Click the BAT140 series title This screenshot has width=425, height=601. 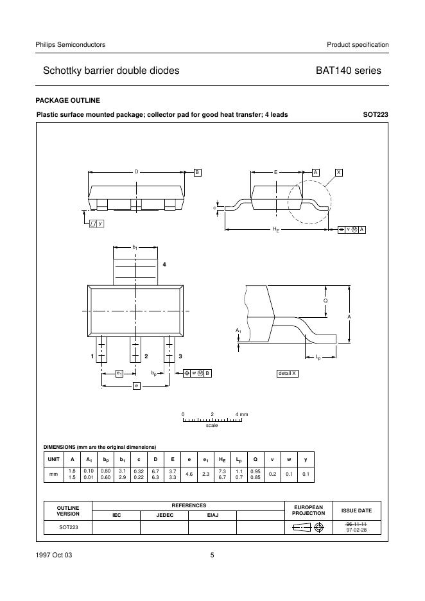[348, 71]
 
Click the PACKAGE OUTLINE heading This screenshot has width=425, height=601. [67, 100]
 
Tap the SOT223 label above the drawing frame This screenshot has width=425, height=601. [376, 115]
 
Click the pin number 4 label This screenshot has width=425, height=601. [164, 265]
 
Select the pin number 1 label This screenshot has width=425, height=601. [92, 356]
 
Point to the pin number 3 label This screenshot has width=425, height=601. [180, 356]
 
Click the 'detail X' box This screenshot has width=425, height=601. [287, 373]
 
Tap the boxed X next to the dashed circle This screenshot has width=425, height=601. [339, 172]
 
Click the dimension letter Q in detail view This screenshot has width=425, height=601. [325, 300]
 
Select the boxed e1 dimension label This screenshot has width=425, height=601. [119, 373]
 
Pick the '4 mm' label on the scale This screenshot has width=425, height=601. [241, 414]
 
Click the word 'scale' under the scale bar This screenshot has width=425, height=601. [212, 426]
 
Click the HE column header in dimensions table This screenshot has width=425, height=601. [222, 459]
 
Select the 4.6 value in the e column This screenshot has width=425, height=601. [189, 474]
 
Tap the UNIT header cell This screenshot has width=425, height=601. [53, 459]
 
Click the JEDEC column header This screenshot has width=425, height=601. [164, 514]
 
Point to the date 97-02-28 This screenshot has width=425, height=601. [356, 530]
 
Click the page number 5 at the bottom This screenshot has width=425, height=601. [212, 555]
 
